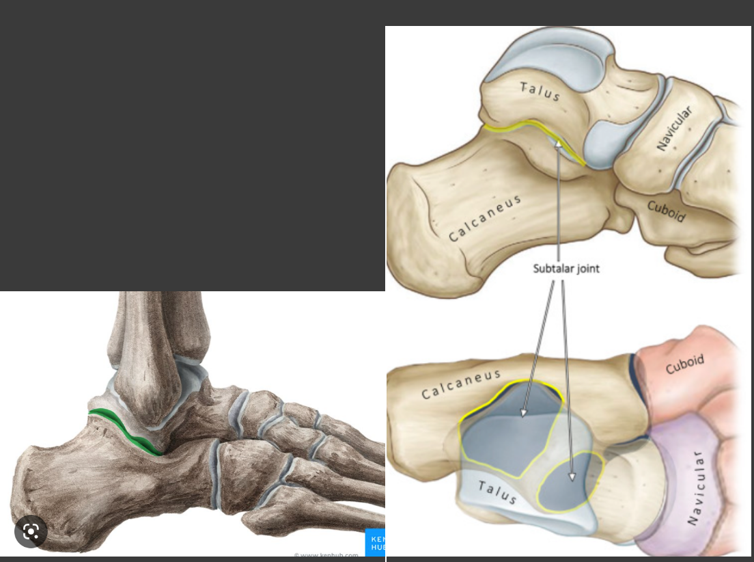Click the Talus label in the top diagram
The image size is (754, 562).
pyautogui.click(x=540, y=91)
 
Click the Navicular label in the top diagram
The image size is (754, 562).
pyautogui.click(x=675, y=129)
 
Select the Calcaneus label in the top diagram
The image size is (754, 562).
pyautogui.click(x=485, y=218)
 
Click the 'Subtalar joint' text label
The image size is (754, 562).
pyautogui.click(x=566, y=269)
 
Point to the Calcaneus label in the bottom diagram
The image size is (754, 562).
pyautogui.click(x=461, y=384)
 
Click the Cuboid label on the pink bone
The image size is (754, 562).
pyautogui.click(x=684, y=364)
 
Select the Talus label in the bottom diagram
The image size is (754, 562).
pyautogui.click(x=497, y=492)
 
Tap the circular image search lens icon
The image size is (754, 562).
pyautogui.click(x=31, y=531)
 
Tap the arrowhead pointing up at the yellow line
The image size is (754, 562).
pyautogui.click(x=559, y=144)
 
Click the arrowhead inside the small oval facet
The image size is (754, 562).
pyautogui.click(x=572, y=477)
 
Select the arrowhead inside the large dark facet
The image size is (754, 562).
pyautogui.click(x=524, y=412)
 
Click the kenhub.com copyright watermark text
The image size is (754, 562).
pyautogui.click(x=326, y=556)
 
